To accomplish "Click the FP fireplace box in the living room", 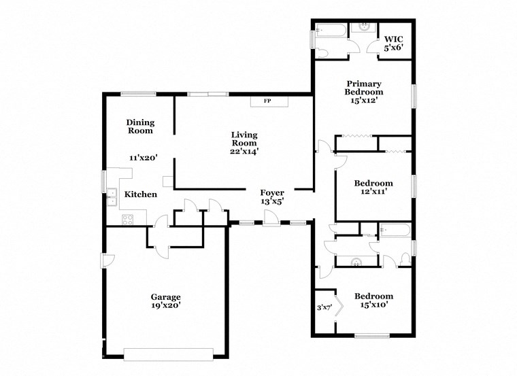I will (x=268, y=101).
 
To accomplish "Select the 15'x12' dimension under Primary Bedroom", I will (x=363, y=100).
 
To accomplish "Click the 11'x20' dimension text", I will (x=144, y=157).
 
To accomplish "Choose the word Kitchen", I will (x=140, y=194).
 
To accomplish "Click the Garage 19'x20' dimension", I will (x=166, y=306).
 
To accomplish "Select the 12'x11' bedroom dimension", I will (x=373, y=192).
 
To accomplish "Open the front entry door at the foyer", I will (x=271, y=219).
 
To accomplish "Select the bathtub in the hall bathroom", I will (x=394, y=230).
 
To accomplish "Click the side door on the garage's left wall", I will (x=107, y=260).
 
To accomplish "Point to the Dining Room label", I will (x=140, y=126).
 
